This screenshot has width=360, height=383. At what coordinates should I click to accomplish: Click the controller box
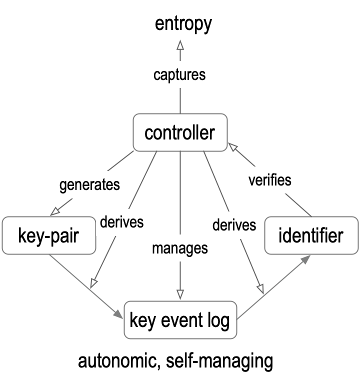(x=179, y=132)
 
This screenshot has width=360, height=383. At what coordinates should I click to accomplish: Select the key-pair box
(x=48, y=235)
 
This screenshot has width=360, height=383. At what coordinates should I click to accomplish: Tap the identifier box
(x=310, y=235)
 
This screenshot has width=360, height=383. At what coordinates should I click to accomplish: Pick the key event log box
(x=179, y=320)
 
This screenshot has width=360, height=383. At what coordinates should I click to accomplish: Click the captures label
(x=179, y=75)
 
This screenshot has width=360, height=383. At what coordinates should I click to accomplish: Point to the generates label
(x=89, y=184)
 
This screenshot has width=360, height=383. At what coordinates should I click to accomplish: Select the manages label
(x=179, y=248)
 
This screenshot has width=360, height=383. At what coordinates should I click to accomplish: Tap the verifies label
(x=270, y=179)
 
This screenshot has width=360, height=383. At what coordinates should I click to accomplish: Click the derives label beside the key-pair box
(x=121, y=221)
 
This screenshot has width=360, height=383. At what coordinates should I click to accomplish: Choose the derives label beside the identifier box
(x=234, y=225)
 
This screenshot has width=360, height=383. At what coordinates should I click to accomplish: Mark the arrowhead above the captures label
(x=180, y=45)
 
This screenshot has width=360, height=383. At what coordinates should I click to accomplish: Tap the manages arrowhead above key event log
(x=180, y=294)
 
